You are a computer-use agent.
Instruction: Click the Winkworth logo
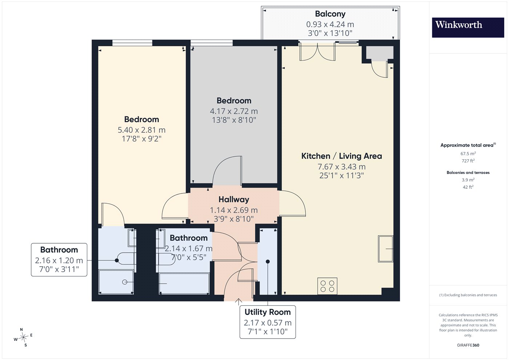click(468, 27)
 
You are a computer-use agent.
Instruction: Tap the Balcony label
click(330, 14)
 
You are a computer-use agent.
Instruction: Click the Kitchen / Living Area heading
click(341, 156)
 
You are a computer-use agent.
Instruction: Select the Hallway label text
click(234, 200)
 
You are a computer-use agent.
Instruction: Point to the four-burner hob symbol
click(327, 286)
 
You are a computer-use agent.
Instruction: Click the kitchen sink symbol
click(386, 249)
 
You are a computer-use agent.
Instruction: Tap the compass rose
click(23, 337)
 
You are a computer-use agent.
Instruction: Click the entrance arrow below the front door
click(239, 302)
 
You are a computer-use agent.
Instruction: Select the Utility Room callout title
click(268, 312)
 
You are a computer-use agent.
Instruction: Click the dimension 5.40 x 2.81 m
click(141, 130)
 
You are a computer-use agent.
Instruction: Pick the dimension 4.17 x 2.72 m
click(234, 111)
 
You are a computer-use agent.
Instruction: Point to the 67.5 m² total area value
click(468, 153)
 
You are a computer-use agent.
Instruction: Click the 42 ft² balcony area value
click(468, 187)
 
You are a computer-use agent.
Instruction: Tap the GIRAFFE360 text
click(468, 345)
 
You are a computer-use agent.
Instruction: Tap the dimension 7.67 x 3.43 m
click(341, 167)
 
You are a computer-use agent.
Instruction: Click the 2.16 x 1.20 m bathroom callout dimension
click(59, 260)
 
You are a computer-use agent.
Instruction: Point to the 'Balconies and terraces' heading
click(468, 172)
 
